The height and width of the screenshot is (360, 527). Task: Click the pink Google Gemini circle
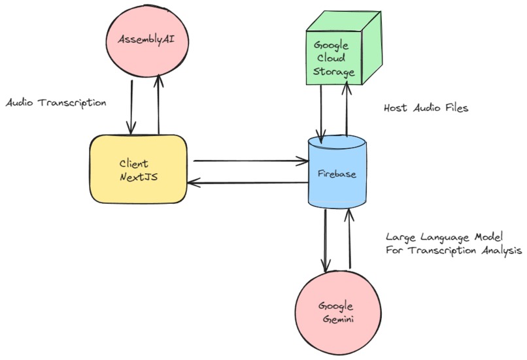[x=336, y=312]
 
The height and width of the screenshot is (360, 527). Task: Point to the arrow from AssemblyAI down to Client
[x=133, y=105]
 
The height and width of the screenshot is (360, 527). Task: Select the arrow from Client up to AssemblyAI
[x=158, y=105]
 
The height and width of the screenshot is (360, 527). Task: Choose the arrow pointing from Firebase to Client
[x=251, y=183]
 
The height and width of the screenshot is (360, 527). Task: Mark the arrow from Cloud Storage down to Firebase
[x=320, y=111]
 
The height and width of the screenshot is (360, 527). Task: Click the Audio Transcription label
[x=56, y=103]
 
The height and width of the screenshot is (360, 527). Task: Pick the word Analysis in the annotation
[x=500, y=250]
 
